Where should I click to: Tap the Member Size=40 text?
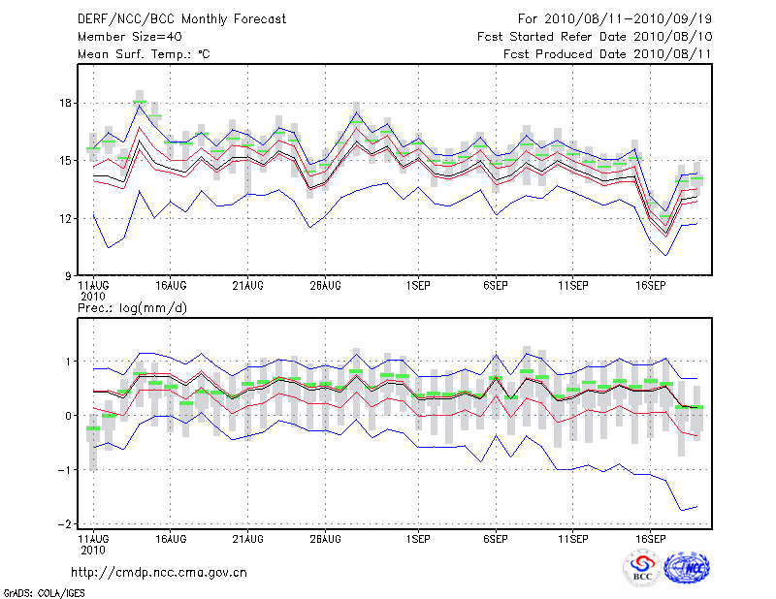(x=123, y=37)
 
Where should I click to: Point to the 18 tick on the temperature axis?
(x=65, y=103)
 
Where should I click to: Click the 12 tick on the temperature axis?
(x=65, y=218)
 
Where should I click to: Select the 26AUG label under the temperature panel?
(x=325, y=286)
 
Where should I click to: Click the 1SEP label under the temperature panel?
(x=417, y=286)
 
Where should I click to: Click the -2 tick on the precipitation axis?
(x=65, y=524)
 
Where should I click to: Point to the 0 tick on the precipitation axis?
(x=68, y=416)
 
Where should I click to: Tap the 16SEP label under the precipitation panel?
(x=650, y=538)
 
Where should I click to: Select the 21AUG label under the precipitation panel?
(x=247, y=538)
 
